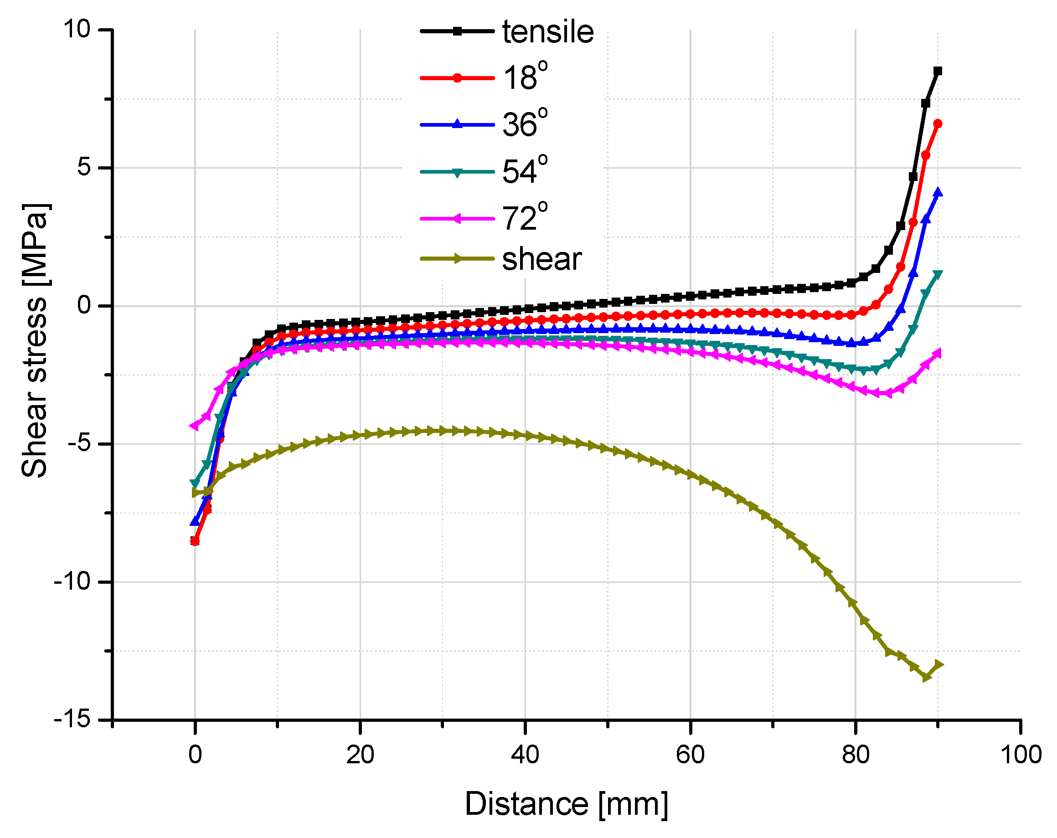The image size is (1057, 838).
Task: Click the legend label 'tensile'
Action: click(547, 32)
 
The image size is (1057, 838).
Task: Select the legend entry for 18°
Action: click(524, 77)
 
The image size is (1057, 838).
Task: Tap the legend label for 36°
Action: click(524, 124)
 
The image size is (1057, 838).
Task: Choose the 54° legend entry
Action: click(524, 171)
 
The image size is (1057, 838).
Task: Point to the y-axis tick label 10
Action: click(77, 30)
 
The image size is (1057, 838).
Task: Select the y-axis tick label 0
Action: click(84, 305)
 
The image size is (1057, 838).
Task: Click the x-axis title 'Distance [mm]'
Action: click(566, 804)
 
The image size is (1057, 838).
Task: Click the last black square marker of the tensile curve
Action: click(938, 71)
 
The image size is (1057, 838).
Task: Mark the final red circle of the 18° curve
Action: click(938, 124)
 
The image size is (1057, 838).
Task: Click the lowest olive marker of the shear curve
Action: click(926, 677)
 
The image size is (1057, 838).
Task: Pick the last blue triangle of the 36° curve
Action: click(938, 193)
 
